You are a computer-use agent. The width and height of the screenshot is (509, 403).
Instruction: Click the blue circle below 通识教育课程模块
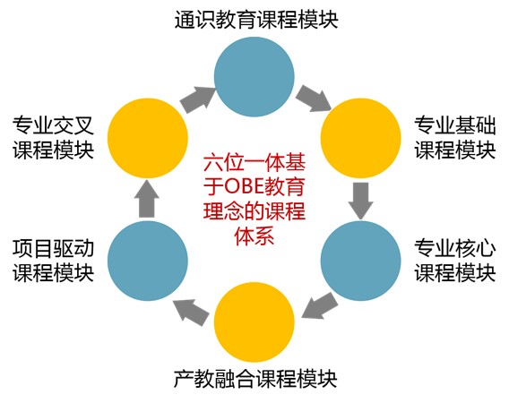pos(254,77)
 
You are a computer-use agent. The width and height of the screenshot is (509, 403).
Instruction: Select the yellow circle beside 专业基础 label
pos(360,138)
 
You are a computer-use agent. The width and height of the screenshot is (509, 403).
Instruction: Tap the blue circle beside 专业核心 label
pos(360,261)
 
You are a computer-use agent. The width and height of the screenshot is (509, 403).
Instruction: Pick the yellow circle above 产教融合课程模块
pos(254,322)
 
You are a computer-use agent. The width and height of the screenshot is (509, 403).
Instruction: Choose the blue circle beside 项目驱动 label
pos(148,261)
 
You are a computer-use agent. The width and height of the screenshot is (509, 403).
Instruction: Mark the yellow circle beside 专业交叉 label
pos(148,138)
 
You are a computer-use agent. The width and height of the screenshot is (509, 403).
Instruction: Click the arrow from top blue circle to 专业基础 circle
pos(313,98)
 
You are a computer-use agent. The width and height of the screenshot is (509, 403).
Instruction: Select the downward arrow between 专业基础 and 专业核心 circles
pos(360,201)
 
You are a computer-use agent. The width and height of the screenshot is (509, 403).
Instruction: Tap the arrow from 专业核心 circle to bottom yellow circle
pos(319,306)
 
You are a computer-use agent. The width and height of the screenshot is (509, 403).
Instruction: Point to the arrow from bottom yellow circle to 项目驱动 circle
pos(191,313)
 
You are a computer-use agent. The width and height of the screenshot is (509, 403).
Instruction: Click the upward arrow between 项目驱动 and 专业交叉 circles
pos(146,199)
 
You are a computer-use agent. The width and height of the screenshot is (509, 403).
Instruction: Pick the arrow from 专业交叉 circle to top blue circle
pos(198,99)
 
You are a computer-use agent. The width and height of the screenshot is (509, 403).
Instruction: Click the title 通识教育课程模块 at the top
pos(256,20)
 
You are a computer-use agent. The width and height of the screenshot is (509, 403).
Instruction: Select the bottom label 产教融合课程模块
pos(255,379)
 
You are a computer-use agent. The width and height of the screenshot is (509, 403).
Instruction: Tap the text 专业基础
pos(455,125)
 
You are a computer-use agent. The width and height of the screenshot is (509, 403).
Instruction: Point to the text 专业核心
pos(455,249)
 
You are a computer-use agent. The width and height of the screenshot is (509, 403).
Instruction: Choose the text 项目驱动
pos(54,249)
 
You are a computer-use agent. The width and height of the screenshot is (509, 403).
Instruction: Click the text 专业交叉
pos(54,125)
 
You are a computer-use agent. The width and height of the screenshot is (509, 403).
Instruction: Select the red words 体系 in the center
pos(254,236)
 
